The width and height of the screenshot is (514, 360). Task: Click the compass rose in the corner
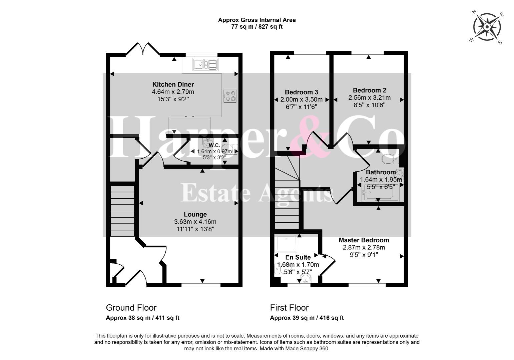point(487,27)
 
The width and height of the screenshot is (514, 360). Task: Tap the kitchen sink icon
point(205,64)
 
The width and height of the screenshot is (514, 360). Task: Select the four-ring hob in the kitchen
point(230,96)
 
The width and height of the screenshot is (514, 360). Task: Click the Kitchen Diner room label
point(173,84)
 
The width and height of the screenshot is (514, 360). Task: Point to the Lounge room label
point(195,214)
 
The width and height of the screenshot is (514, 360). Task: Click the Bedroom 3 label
point(301,92)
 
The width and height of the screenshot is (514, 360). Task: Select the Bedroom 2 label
point(370,90)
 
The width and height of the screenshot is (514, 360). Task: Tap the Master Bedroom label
point(364,240)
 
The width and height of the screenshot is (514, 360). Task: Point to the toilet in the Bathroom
point(390,159)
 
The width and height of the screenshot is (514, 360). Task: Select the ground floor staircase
point(122,211)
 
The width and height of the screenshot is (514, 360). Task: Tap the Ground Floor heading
point(131,308)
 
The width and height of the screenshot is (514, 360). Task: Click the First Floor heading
point(290,308)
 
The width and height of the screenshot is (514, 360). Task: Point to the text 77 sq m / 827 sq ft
point(257,27)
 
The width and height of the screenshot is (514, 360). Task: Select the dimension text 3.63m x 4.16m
point(195,222)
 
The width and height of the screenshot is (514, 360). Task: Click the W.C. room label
point(214,145)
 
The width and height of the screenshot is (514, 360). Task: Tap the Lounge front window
point(201,285)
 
